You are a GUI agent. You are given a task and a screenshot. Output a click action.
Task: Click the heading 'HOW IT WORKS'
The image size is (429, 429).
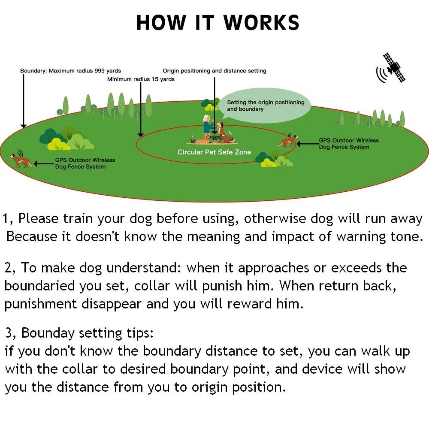(218, 23)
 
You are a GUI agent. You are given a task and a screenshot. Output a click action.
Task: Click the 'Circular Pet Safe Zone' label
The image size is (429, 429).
(214, 152)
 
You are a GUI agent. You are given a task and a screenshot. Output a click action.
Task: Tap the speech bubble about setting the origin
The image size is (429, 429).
(265, 106)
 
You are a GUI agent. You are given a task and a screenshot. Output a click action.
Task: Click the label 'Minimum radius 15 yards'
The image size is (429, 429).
(141, 79)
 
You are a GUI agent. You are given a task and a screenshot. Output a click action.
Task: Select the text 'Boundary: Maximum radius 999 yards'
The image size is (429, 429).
(71, 71)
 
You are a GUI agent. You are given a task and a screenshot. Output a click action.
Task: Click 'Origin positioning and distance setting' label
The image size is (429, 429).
(214, 71)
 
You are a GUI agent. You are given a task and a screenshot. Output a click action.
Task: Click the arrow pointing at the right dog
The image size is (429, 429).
(307, 144)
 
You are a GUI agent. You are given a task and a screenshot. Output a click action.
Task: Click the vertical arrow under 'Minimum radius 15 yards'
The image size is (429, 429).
(140, 109)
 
